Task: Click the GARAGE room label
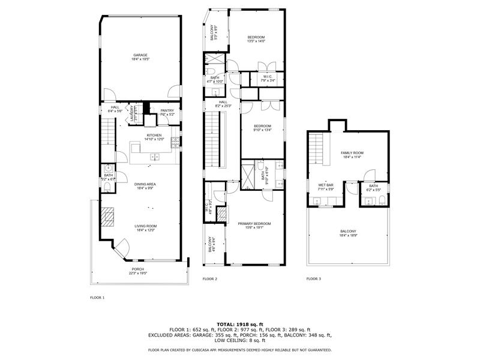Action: coord(140,56)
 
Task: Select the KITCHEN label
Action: coord(154,137)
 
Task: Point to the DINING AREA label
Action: coord(145,185)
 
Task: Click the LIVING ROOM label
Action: coord(145,227)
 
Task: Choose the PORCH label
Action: coord(139,271)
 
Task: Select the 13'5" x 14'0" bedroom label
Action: coord(256,39)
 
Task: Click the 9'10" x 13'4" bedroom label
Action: coord(262,127)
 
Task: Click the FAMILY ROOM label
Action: coord(352,155)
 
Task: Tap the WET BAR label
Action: coord(326,187)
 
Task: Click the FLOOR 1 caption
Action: coord(97,298)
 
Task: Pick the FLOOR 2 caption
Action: coord(209,279)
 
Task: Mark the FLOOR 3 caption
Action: coord(313,279)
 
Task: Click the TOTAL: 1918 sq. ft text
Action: coord(240,324)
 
